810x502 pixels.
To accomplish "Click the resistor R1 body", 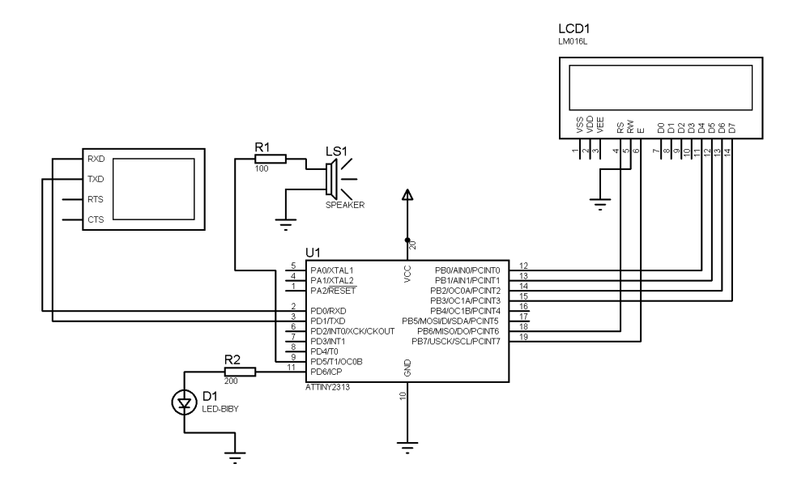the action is click(x=271, y=159).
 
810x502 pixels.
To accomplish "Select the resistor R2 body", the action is click(x=240, y=372).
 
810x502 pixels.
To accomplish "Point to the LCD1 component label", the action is click(x=574, y=29).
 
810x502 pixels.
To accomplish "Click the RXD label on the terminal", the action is click(x=96, y=159).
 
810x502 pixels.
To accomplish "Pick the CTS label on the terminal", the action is click(x=96, y=219).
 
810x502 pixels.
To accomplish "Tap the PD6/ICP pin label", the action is click(x=326, y=372).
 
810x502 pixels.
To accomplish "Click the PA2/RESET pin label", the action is click(x=333, y=291).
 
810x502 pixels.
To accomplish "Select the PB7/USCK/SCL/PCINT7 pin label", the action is click(x=455, y=342).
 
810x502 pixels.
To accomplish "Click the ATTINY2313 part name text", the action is click(x=327, y=387).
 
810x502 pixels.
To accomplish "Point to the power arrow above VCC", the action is click(x=407, y=194).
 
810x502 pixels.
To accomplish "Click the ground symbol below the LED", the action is click(x=235, y=457).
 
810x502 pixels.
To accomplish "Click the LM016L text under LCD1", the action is click(x=573, y=42).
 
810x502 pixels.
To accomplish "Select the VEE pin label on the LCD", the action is click(x=600, y=125).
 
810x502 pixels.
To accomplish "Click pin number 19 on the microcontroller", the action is click(x=524, y=338).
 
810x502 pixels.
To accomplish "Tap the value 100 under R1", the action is click(x=262, y=169).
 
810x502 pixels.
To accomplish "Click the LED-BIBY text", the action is click(x=220, y=409).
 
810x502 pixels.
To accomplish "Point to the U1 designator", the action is click(x=313, y=253).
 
